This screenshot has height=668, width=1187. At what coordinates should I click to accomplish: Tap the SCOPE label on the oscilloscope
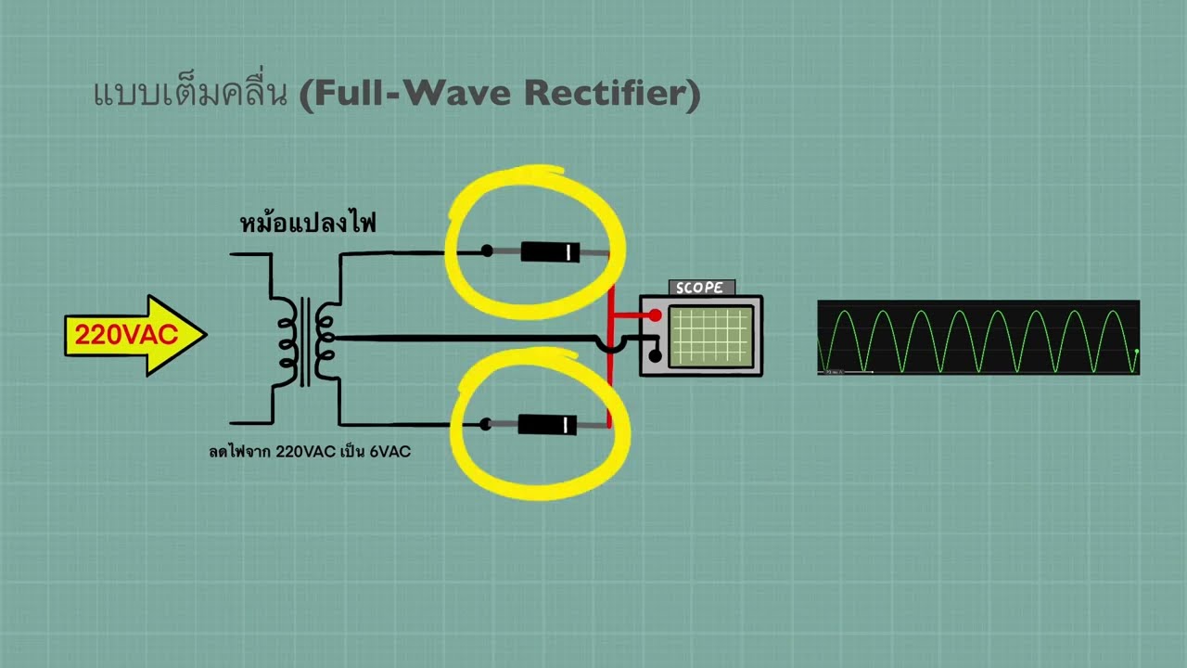pos(700,288)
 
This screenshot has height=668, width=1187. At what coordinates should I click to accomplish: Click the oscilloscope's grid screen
pos(709,335)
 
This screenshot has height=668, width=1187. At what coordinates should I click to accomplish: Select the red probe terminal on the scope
pos(656,315)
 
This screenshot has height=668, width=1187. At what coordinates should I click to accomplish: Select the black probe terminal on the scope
pos(655,354)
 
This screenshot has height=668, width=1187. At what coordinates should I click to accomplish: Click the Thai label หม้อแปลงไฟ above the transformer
pos(308,224)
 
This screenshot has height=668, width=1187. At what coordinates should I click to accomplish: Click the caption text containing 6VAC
pos(310,452)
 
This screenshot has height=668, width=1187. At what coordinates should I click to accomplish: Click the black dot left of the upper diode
pos(487,250)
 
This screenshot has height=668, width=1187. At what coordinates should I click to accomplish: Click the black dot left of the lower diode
pos(485,425)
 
